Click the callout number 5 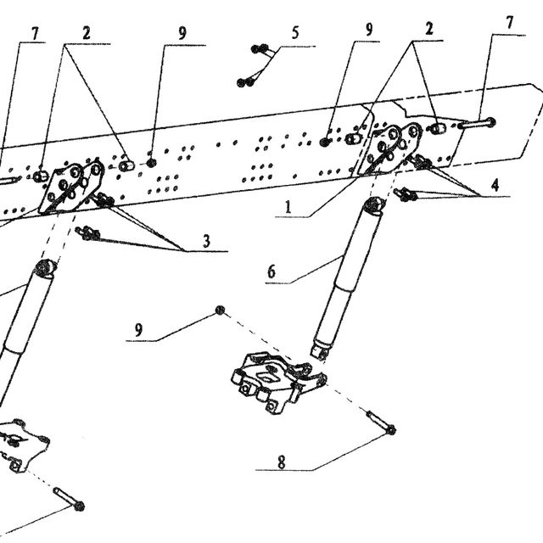[x=294, y=33]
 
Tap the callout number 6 [x=271, y=271]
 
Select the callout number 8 [x=282, y=462]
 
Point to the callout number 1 [x=288, y=207]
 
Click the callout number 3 [x=206, y=241]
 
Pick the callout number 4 [x=495, y=185]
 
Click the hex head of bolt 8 [x=391, y=430]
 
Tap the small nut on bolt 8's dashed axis [x=220, y=310]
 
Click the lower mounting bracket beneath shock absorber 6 [x=278, y=382]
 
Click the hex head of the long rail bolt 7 [x=490, y=122]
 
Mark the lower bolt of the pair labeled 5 [x=247, y=81]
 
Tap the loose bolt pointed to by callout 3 [x=88, y=233]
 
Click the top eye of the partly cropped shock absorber [x=45, y=268]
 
